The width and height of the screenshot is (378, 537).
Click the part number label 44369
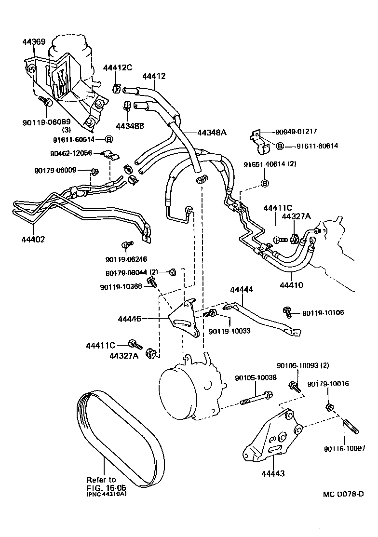34,42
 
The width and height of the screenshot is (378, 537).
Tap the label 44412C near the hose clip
117,67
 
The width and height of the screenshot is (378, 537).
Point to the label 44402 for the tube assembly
33,239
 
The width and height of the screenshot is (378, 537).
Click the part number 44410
291,285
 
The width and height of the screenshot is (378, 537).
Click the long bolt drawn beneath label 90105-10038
256,399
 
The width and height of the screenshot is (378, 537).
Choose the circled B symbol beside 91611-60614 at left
108,139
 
